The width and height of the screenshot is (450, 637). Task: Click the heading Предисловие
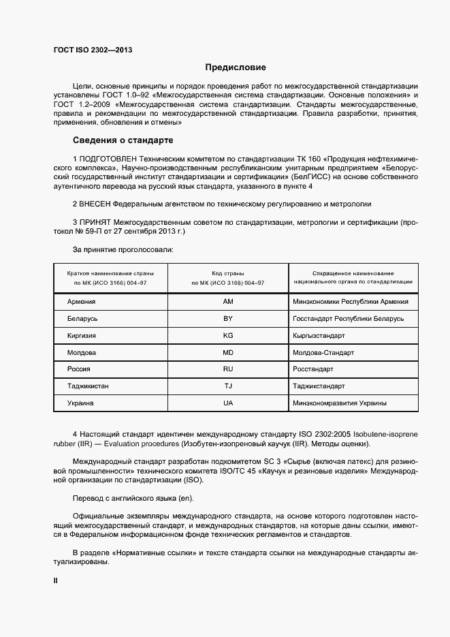236,67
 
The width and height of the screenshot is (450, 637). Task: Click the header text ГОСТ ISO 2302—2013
93,50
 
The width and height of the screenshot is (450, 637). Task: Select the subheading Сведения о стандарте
123,141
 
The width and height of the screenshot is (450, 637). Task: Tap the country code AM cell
228,302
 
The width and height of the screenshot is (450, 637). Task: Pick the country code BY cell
228,319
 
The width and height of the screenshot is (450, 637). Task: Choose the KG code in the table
228,336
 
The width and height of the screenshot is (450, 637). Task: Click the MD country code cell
228,353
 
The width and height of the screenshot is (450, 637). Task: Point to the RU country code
228,369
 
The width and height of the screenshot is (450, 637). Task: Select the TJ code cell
228,386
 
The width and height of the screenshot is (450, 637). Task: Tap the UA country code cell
228,403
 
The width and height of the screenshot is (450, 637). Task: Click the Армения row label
82,302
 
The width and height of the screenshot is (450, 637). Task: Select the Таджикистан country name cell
89,386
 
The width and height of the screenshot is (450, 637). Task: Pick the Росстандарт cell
313,369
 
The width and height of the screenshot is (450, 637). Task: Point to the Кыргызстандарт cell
319,336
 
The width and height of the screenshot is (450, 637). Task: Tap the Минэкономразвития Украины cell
340,403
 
